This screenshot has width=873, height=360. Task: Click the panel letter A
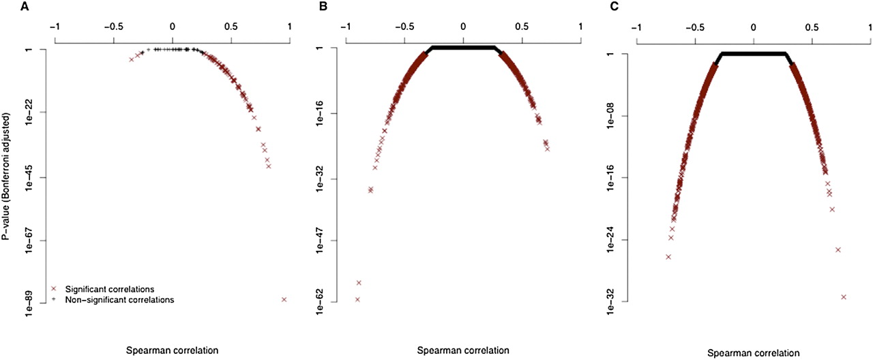(5, 7)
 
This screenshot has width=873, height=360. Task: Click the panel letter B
(301, 7)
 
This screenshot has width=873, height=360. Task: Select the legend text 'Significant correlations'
(107, 288)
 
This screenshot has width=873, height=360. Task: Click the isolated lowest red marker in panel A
(284, 299)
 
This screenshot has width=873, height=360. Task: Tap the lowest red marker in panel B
(357, 299)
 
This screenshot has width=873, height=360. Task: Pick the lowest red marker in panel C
(844, 297)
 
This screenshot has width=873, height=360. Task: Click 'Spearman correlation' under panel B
(462, 350)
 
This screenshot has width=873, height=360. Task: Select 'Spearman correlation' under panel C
(753, 353)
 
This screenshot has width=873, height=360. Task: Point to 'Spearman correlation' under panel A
(172, 350)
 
